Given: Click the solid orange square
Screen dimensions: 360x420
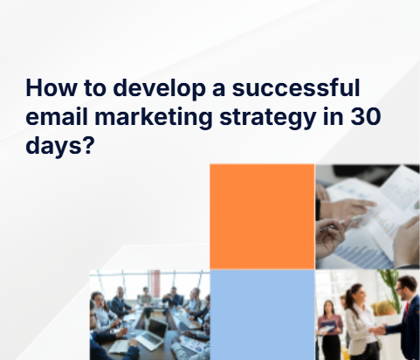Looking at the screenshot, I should point(262,216).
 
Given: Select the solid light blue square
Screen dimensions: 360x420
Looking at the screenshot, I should point(262,315).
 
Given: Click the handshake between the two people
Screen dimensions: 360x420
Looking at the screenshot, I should point(381,329).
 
